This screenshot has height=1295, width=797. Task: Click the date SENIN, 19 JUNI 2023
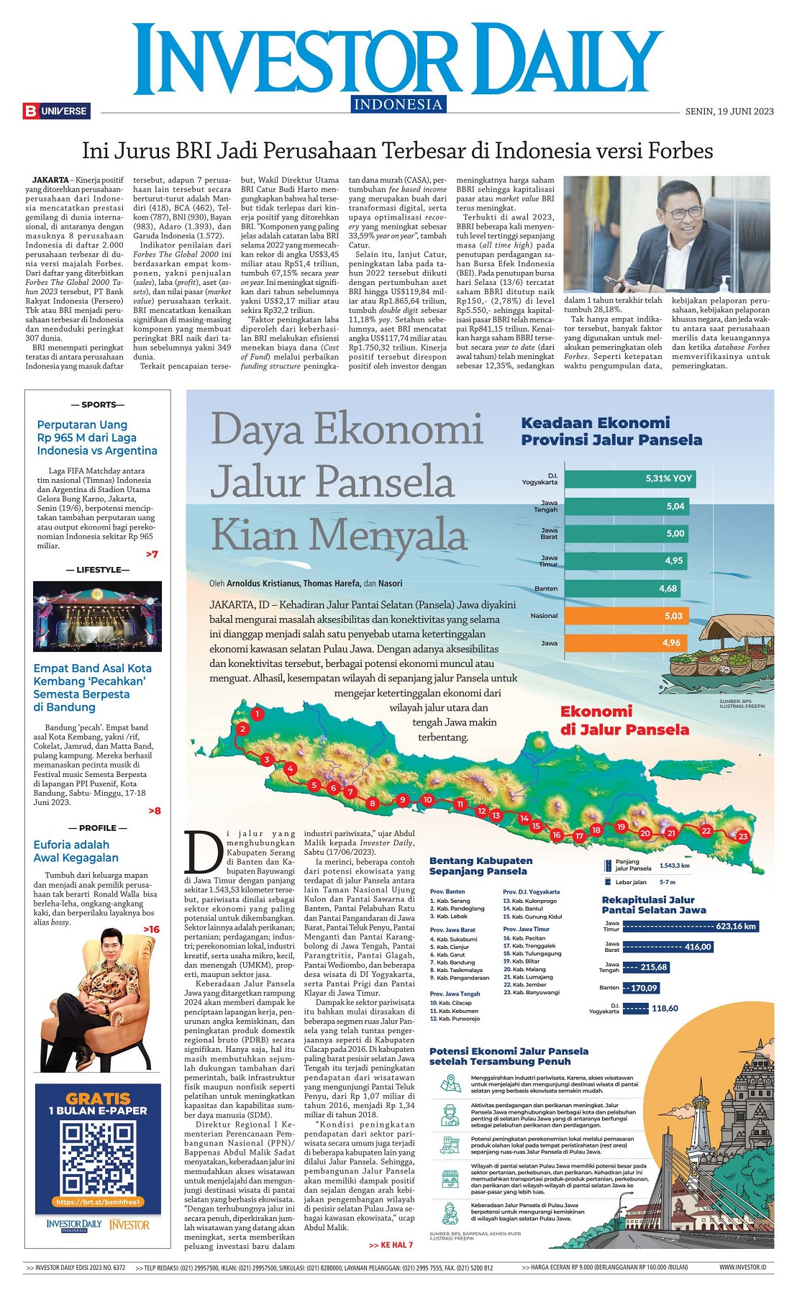click(x=729, y=111)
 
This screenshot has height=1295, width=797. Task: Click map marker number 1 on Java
click(x=257, y=714)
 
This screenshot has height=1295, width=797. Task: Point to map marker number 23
click(x=743, y=836)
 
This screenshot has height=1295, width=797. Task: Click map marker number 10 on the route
click(x=427, y=799)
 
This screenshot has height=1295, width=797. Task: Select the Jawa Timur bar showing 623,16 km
click(x=691, y=926)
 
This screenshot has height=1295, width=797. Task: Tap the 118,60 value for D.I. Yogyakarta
click(x=665, y=1008)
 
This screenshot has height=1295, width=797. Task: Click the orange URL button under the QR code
click(x=98, y=1201)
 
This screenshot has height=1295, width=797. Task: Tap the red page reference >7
click(x=152, y=554)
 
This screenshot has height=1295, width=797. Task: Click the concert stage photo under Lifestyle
click(x=97, y=616)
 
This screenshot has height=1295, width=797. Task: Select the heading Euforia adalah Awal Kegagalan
click(x=76, y=851)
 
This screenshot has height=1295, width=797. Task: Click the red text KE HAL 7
click(x=391, y=1245)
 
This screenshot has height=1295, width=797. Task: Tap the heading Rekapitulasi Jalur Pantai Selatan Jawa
click(x=654, y=904)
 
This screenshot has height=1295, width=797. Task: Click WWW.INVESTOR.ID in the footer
click(x=742, y=1267)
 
